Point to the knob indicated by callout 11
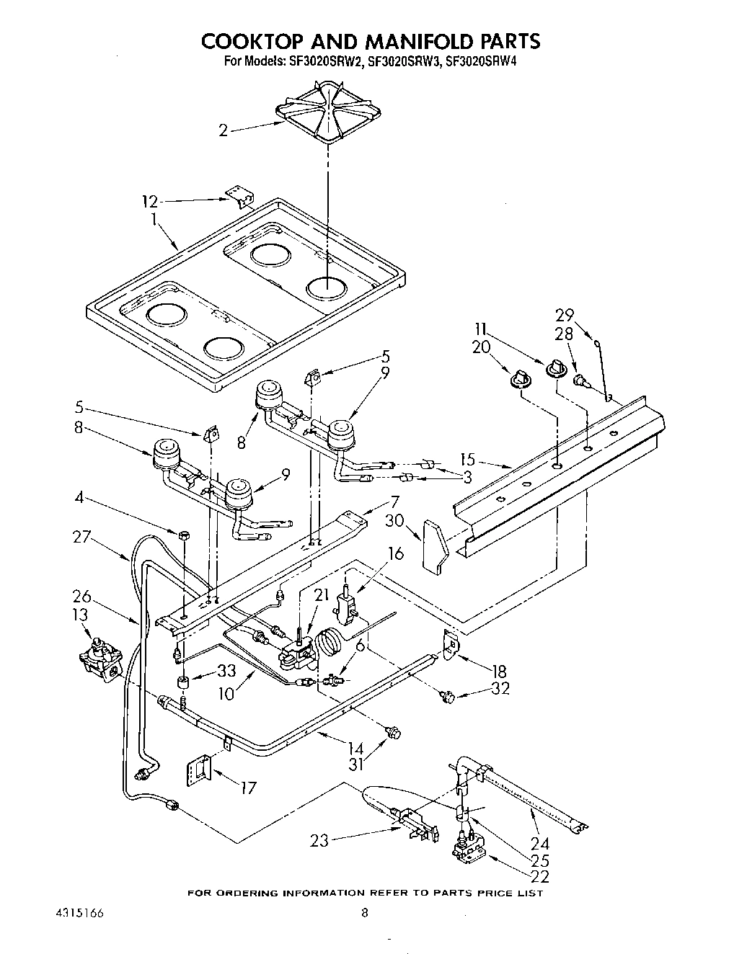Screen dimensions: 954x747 (x=556, y=369)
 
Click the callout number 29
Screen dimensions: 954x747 (x=565, y=315)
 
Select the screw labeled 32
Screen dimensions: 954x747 (x=446, y=696)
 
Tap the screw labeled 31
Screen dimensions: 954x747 (x=394, y=733)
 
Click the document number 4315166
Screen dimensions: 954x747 (x=79, y=913)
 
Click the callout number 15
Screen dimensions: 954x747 (x=467, y=459)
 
